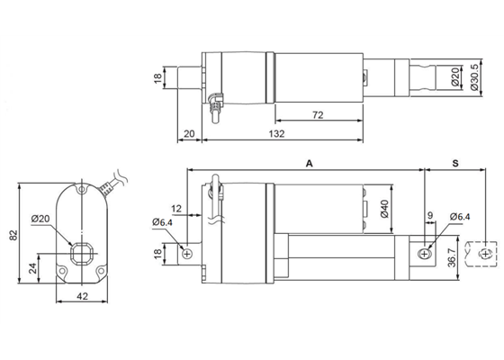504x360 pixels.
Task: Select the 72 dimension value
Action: pos(317,116)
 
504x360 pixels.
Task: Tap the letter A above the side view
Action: pos(309,164)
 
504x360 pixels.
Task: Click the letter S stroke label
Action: pos(455,164)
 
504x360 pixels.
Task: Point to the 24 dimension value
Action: pos(33,267)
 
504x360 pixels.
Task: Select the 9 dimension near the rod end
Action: pos(430,216)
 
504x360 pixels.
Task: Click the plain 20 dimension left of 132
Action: pos(188,134)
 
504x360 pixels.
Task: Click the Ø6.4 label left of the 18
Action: pos(162,221)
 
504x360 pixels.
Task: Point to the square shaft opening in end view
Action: pos(82,249)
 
